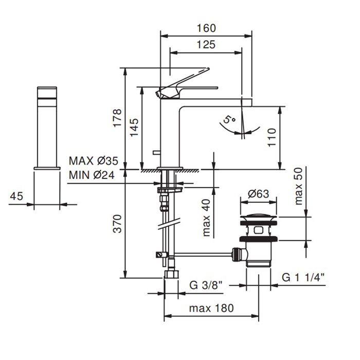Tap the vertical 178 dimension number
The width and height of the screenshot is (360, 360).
tap(117, 118)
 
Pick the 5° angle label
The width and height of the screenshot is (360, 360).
tap(228, 120)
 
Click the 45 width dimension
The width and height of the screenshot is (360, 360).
tap(16, 196)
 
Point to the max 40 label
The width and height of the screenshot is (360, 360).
tap(206, 218)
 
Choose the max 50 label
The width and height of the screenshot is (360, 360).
tap(298, 186)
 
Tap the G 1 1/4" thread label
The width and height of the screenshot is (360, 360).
tap(303, 278)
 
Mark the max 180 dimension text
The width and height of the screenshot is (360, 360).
tap(211, 309)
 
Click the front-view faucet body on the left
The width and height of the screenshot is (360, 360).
tap(47, 129)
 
